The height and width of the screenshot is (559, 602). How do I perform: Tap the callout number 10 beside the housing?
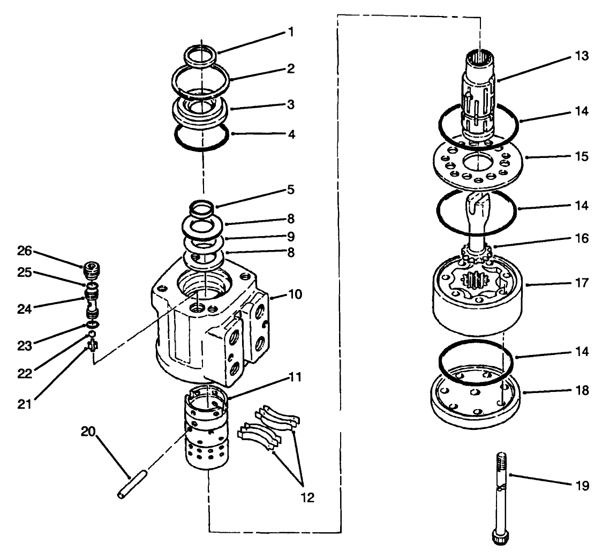click(295, 295)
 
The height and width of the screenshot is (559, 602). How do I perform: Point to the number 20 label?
click(89, 431)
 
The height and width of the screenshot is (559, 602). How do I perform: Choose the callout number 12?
click(307, 497)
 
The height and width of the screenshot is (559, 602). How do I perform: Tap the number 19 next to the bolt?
click(582, 486)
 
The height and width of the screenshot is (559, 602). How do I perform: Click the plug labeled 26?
click(92, 268)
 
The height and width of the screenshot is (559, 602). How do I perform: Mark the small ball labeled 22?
click(92, 334)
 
